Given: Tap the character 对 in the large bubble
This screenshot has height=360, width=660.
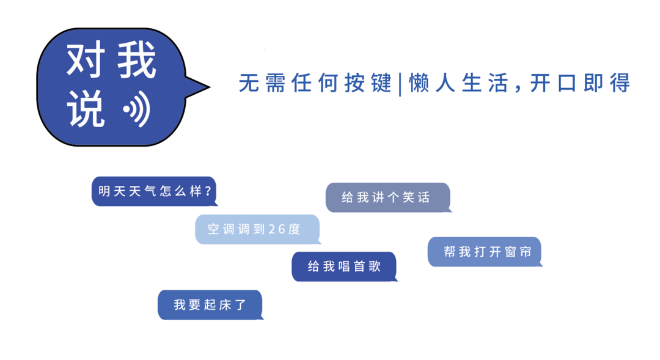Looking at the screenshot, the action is [86, 59].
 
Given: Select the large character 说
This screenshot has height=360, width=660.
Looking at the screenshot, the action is [86, 109].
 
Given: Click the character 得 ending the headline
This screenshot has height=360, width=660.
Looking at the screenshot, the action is [620, 83].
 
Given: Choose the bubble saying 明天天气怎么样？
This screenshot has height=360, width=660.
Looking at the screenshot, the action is [154, 191].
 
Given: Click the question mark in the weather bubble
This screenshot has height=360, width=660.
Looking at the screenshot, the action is [208, 191].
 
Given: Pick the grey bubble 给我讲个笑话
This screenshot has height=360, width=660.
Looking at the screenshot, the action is [388, 197].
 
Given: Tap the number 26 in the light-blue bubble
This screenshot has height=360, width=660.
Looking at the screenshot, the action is [277, 229].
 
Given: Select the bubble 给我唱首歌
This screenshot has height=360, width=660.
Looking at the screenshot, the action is [344, 266].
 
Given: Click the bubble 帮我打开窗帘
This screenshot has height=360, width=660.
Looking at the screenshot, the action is [485, 252].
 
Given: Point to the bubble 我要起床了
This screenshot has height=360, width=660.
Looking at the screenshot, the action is [210, 305].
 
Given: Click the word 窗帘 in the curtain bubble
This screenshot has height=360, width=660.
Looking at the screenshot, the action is [518, 252].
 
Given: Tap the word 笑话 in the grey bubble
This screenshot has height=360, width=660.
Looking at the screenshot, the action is [416, 197].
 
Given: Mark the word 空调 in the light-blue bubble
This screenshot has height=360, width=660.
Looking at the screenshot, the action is [221, 229].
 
